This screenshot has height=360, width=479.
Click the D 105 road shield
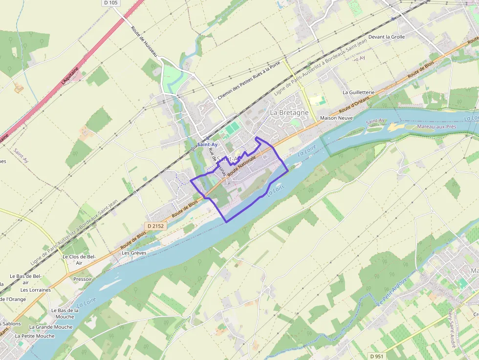(111, 3)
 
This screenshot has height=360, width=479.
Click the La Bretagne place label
(289, 112)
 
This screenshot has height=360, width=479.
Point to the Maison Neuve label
(336, 118)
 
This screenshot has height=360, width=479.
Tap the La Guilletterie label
(358, 92)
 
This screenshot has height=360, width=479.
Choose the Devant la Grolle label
(387, 37)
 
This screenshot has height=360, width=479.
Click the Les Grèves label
(134, 253)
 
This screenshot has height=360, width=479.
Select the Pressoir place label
(82, 279)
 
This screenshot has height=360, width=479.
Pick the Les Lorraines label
(36, 290)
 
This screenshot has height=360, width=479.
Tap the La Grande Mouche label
(51, 327)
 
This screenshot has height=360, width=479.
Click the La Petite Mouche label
(35, 336)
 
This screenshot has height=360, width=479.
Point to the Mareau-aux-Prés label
(436, 127)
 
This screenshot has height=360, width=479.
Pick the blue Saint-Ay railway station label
(207, 145)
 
